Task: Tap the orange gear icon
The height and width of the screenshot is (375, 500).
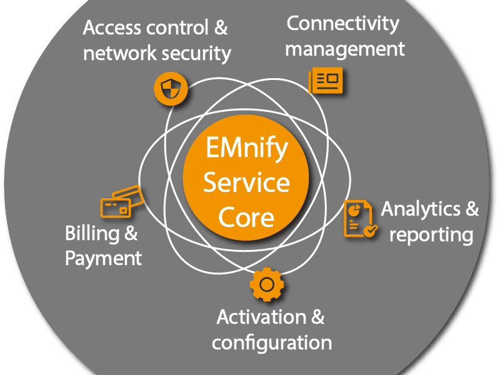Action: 267,285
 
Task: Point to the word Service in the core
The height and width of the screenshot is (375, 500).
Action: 246,183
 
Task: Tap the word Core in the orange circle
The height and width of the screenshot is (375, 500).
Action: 247,217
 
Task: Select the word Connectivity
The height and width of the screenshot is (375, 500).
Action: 342,24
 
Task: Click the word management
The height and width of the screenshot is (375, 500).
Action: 345,48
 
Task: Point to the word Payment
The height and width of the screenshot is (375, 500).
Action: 104,257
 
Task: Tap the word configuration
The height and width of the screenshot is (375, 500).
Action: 271,342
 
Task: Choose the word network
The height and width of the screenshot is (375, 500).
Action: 119,53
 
